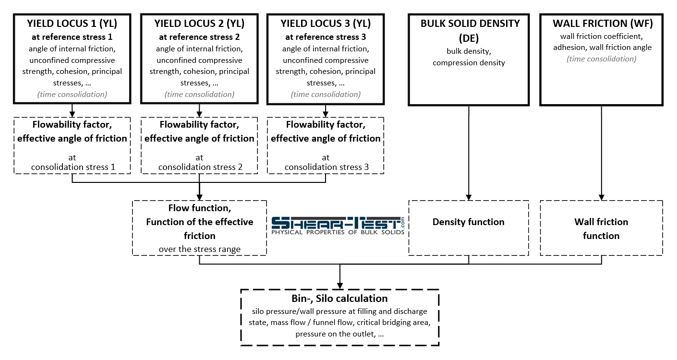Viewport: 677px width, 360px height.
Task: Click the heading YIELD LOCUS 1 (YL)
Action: point(72,24)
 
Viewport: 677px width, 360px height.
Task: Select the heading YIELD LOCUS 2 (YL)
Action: point(199,24)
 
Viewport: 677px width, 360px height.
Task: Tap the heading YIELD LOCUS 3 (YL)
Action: point(326,24)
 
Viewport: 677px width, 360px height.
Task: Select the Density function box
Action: point(469,228)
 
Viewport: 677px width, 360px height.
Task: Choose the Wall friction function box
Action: point(601,228)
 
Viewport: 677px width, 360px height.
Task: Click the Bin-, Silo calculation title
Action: point(339,299)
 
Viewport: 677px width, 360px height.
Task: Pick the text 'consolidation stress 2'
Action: point(199,167)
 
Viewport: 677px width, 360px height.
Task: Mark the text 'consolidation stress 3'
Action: point(326,167)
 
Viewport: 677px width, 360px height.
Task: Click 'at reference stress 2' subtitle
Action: point(199,37)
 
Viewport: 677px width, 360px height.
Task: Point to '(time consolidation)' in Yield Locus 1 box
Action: point(72,94)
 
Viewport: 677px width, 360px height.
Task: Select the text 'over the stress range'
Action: point(199,249)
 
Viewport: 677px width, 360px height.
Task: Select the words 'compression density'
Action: point(469,63)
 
